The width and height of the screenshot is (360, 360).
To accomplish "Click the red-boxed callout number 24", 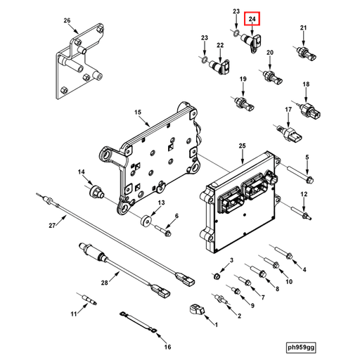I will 253,21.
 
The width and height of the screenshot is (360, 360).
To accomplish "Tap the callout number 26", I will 67,20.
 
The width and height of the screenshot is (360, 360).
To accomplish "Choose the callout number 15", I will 138,112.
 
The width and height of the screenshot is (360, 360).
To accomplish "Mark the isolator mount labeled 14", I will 94,190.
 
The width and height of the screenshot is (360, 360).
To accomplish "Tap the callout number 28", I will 103,283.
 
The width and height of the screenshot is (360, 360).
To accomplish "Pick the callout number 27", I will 51,225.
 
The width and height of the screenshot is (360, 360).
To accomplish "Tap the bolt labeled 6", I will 166,229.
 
